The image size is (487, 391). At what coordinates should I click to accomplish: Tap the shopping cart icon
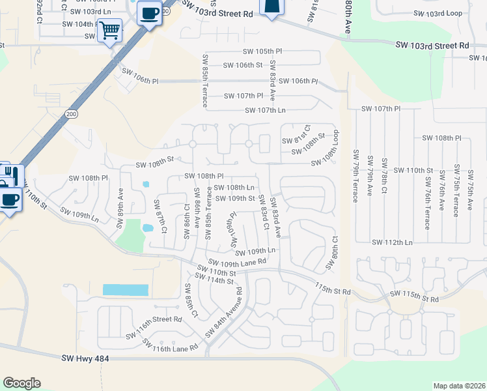tap(109, 30)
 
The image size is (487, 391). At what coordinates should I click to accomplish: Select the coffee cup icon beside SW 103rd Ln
tap(150, 13)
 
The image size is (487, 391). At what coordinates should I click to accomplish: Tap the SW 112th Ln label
tap(392, 242)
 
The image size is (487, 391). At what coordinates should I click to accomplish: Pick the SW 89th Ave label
tap(120, 210)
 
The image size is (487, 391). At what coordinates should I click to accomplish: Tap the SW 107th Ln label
tap(265, 110)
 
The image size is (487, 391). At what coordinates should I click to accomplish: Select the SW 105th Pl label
tap(260, 51)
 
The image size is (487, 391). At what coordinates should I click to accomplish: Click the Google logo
tap(21, 383)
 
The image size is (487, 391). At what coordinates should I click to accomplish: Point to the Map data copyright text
tap(460, 386)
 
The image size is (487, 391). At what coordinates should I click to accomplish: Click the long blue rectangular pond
tap(125, 290)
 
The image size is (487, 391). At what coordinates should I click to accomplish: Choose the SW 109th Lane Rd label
tap(239, 261)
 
